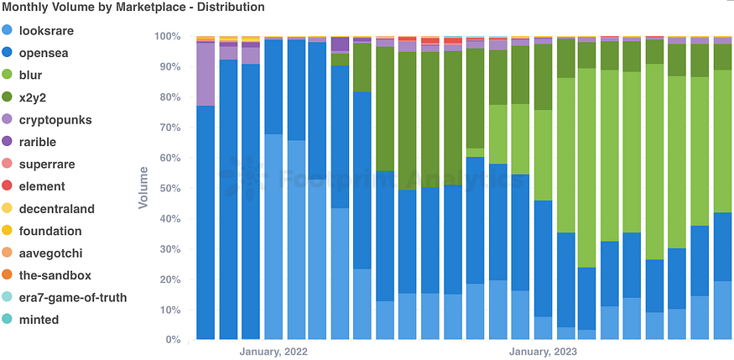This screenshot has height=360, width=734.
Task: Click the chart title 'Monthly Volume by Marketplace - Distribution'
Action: click(133, 8)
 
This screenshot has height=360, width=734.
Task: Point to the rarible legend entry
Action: click(49, 142)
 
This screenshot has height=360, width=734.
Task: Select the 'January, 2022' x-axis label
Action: click(273, 352)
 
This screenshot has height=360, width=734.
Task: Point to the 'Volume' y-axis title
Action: click(143, 188)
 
